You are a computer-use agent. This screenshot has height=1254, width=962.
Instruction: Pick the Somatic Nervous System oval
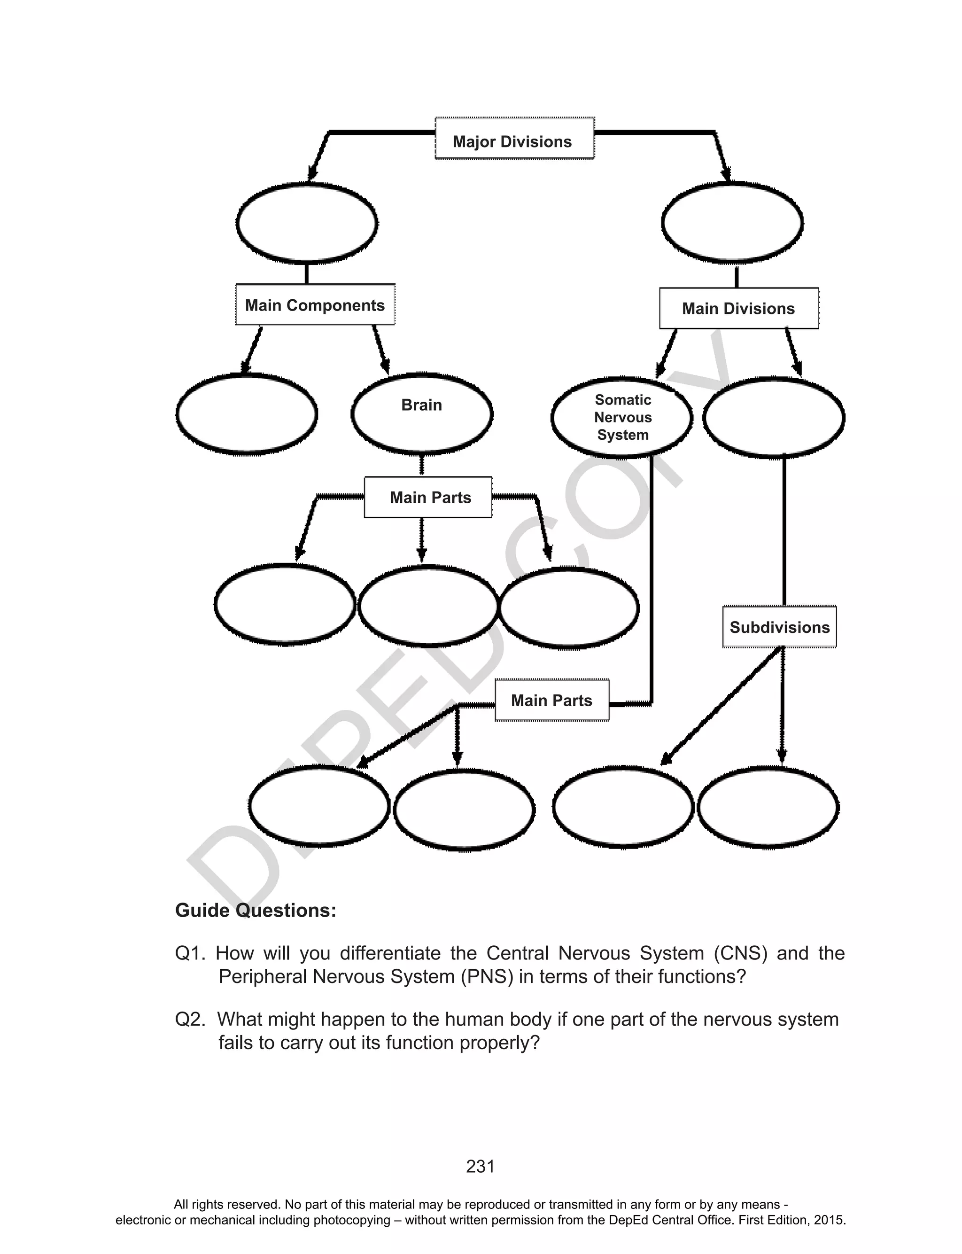[x=622, y=417]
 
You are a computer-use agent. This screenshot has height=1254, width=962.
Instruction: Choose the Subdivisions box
[x=779, y=627]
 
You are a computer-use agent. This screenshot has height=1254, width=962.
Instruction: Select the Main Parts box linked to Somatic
[x=551, y=700]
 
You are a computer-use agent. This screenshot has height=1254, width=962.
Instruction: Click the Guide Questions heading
[x=256, y=911]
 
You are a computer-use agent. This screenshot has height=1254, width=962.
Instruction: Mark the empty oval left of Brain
[x=247, y=414]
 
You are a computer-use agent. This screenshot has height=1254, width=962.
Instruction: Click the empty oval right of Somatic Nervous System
[x=774, y=417]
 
